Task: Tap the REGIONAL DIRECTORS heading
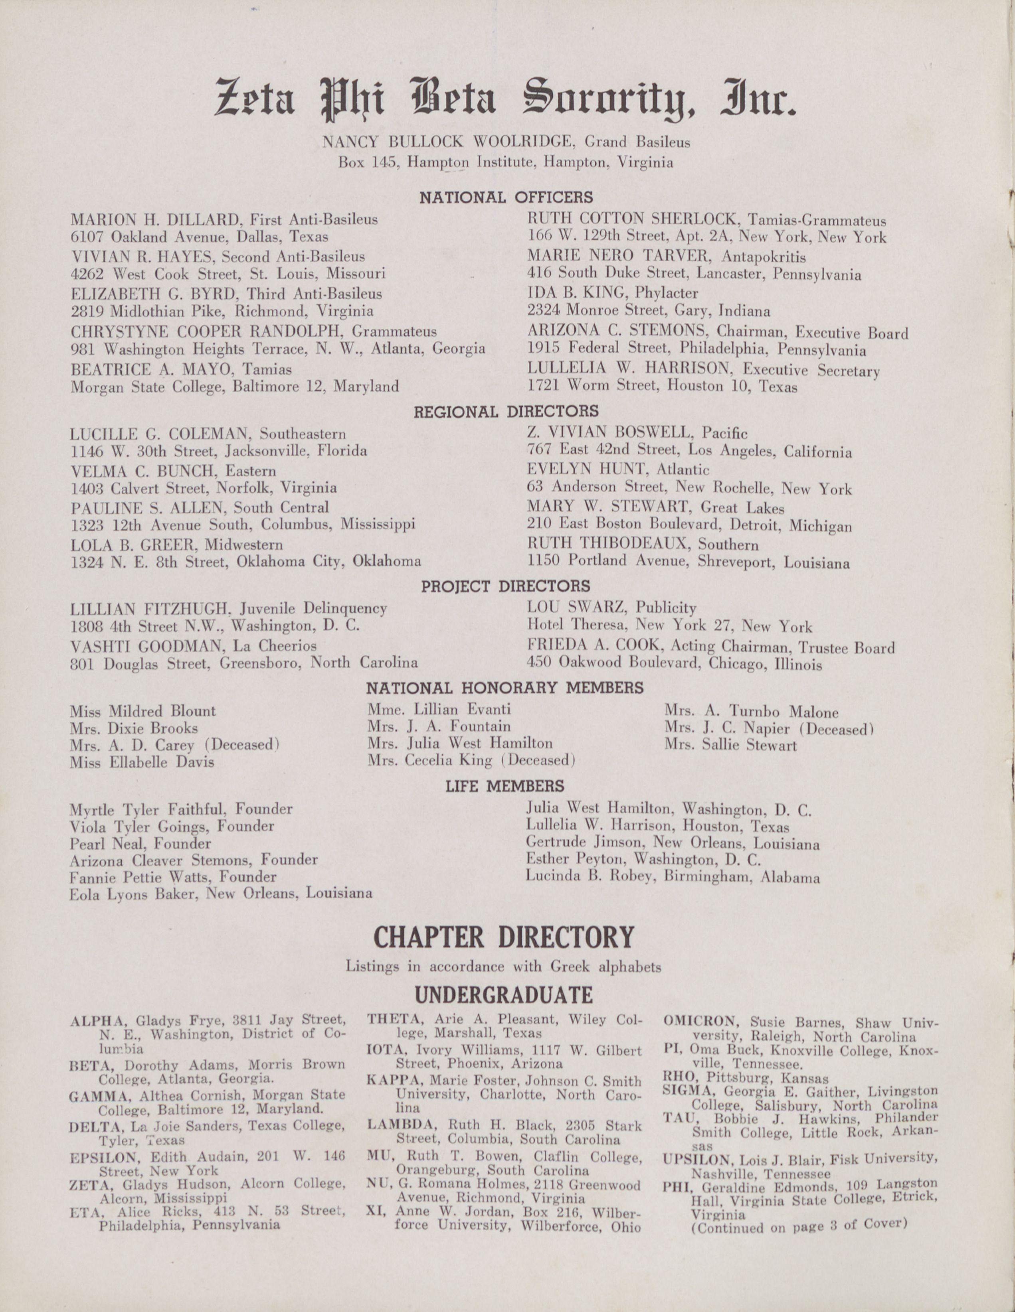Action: [506, 412]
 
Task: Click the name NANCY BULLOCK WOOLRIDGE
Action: [450, 142]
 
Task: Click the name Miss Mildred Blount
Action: [142, 711]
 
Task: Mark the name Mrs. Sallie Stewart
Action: [730, 746]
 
